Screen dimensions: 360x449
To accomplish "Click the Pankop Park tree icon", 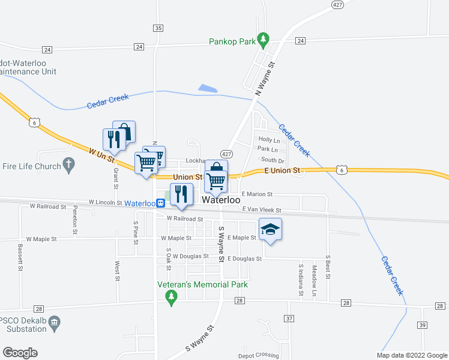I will [x=262, y=40].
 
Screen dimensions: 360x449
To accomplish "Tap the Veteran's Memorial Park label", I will [x=202, y=284].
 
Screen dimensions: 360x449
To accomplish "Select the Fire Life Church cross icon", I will [x=69, y=164].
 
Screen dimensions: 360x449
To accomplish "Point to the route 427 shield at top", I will [x=337, y=4].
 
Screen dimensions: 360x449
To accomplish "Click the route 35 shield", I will [x=158, y=28].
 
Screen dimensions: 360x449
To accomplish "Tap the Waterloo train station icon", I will [x=161, y=203].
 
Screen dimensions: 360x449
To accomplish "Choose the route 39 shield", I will [x=423, y=325].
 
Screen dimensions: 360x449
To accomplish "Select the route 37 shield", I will [x=289, y=318].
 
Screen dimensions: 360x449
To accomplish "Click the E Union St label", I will [x=282, y=171].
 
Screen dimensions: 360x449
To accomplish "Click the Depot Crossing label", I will [x=259, y=355].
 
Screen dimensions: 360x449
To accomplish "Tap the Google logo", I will [x=20, y=353].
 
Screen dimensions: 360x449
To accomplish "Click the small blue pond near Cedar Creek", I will [x=208, y=88].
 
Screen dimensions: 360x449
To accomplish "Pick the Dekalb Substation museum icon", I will [x=55, y=322].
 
